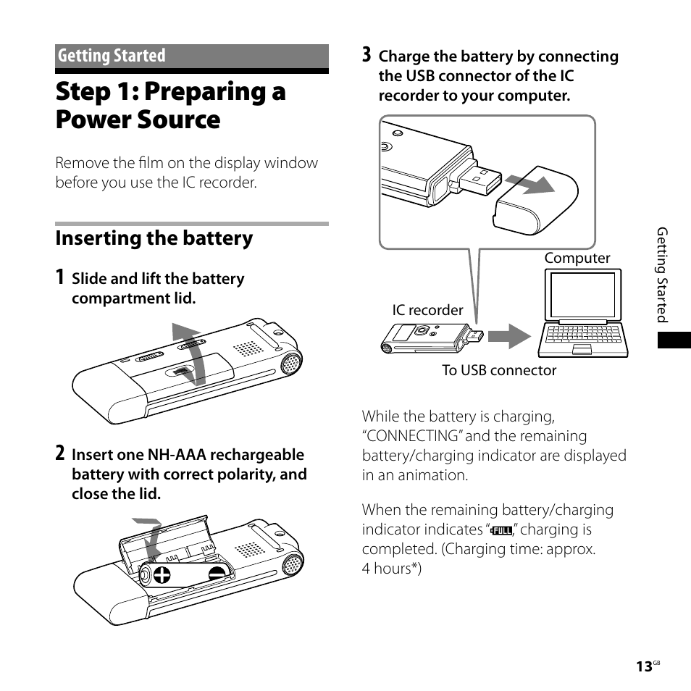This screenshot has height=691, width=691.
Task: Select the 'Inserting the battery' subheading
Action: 154,238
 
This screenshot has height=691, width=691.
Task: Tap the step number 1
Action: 61,277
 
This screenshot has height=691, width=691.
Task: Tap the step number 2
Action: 61,454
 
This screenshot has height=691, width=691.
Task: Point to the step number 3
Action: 367,55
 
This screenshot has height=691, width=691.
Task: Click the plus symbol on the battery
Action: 162,575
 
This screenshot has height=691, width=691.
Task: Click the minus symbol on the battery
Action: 217,571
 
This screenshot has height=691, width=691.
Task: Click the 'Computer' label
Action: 577,258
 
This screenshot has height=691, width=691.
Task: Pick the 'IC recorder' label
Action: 427,310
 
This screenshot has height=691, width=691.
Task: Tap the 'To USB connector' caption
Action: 499,370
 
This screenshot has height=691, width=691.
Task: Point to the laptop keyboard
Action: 583,335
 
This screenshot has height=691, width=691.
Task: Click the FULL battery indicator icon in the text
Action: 501,531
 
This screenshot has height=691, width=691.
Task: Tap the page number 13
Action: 644,667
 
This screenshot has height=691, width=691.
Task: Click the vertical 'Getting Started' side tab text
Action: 661,275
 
